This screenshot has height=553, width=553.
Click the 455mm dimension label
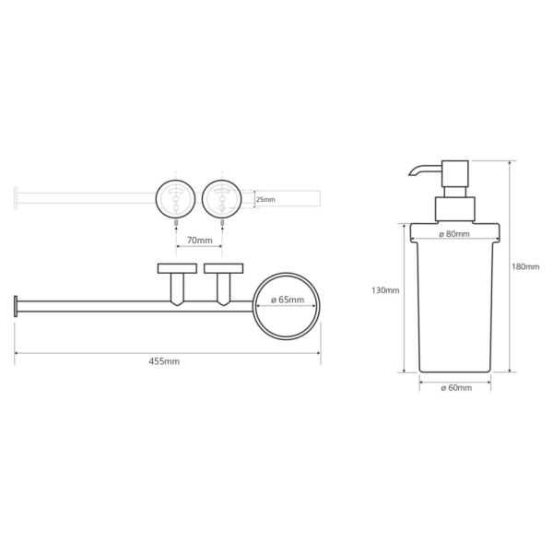click(164, 361)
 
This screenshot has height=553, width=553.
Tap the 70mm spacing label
click(200, 241)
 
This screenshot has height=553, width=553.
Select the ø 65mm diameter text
click(288, 300)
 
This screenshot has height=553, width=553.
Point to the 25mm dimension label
click(265, 200)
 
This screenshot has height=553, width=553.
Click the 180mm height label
click(525, 266)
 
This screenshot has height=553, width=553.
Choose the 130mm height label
click(385, 290)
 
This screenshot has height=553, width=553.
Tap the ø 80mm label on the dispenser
click(454, 234)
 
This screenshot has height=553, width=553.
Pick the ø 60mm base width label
click(456, 388)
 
